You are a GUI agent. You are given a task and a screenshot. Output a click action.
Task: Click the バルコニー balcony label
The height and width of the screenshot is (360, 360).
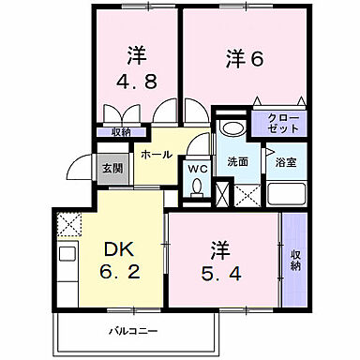(x=132, y=330)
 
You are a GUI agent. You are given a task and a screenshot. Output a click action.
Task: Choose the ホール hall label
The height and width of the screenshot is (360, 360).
(x=157, y=152)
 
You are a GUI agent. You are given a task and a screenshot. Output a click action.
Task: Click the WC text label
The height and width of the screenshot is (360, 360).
(x=197, y=169)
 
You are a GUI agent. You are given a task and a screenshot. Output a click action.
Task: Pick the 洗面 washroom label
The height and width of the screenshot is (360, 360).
(x=237, y=161)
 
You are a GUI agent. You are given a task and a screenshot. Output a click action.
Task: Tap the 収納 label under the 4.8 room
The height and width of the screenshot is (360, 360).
(x=120, y=133)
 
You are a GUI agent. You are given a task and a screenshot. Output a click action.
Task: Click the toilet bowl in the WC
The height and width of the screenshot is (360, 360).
(x=196, y=187)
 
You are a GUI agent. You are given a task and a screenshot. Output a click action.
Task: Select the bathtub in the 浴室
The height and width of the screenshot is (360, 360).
(x=285, y=195)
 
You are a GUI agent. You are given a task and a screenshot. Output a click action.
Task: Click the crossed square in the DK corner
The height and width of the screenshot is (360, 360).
(x=68, y=225)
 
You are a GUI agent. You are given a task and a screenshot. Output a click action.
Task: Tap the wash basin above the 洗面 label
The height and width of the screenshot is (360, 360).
(x=231, y=128)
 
